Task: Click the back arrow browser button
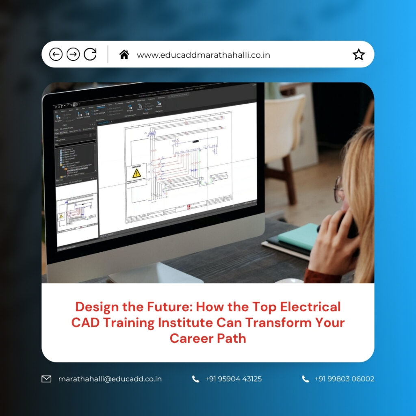56,54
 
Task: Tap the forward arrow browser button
73,54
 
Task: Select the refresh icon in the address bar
90,54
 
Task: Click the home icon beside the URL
124,54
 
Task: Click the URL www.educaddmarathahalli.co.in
204,55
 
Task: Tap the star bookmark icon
359,54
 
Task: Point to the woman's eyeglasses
338,188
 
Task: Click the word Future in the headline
164,307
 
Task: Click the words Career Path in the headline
208,338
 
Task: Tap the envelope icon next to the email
47,379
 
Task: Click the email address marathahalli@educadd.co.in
110,379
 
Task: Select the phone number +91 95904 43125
233,379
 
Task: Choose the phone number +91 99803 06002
344,379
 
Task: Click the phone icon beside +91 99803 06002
305,379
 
